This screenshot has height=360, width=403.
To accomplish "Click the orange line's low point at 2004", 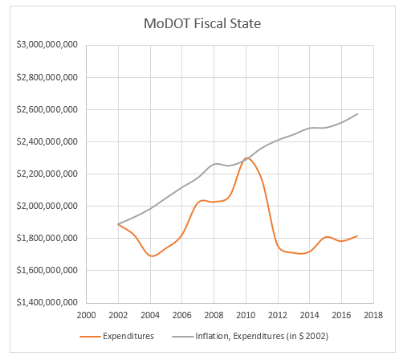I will pos(152,256).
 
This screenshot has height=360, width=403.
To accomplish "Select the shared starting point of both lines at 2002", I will pos(119,224).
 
